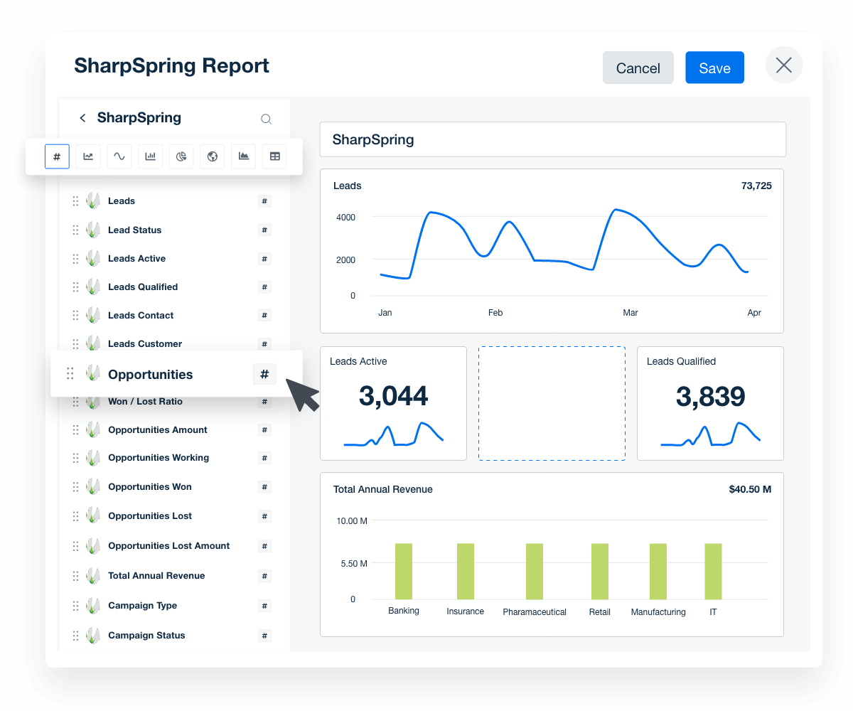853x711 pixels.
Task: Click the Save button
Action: click(x=714, y=68)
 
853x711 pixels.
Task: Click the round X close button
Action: click(x=783, y=65)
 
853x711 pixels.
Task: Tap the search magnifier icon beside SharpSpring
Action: click(x=266, y=119)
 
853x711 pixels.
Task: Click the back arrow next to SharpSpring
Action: click(x=82, y=118)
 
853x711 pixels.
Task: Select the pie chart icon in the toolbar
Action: click(x=181, y=156)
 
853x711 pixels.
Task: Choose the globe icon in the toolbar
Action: click(x=213, y=156)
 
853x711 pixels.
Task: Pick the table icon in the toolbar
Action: click(x=275, y=156)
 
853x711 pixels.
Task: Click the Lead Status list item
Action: click(x=134, y=230)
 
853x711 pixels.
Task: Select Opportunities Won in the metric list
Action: click(x=149, y=487)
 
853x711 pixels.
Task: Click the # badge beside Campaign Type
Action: click(x=264, y=606)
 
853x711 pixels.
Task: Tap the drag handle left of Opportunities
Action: click(x=70, y=373)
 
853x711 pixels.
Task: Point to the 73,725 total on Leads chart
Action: click(x=756, y=186)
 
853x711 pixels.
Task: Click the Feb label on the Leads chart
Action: click(x=495, y=313)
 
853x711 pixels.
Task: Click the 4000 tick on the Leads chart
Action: click(x=345, y=217)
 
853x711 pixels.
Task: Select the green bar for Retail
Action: click(x=599, y=572)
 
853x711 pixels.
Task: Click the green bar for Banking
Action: click(x=404, y=572)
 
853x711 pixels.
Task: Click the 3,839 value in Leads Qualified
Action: click(x=709, y=397)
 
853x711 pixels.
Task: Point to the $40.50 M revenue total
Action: click(x=749, y=490)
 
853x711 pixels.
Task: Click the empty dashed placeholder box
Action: click(x=552, y=403)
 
